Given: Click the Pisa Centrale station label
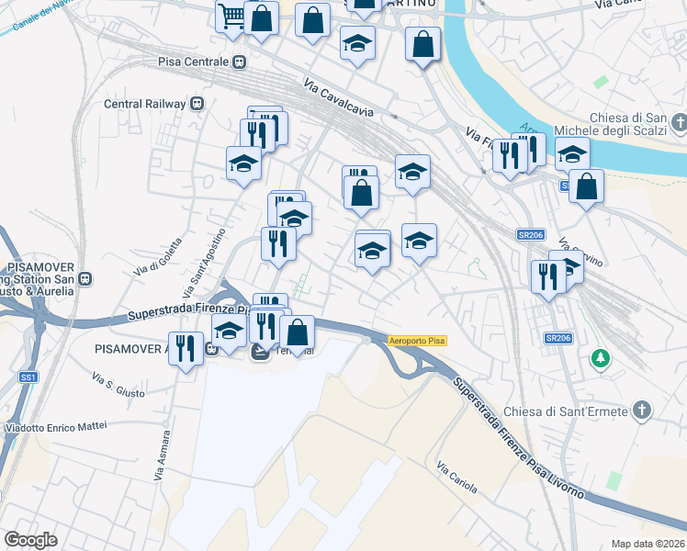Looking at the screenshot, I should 192,62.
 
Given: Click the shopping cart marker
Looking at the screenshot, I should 231,16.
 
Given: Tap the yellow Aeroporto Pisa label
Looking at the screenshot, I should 417,341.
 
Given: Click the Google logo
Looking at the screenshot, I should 30,540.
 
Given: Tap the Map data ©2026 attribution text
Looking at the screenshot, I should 647,544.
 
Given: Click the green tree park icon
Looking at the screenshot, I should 601,356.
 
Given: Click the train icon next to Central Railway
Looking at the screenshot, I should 197,104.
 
